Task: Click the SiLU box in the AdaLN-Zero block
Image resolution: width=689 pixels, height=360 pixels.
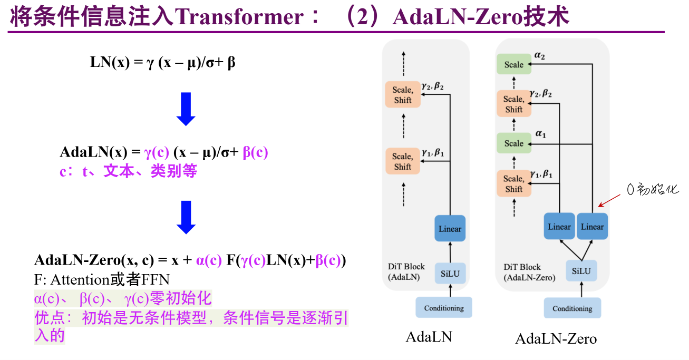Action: click(581, 271)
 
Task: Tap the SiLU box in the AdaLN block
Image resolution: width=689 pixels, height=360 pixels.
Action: click(450, 274)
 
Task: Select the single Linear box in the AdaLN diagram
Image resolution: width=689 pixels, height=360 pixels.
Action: click(450, 228)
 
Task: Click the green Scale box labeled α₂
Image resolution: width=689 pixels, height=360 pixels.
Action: click(514, 64)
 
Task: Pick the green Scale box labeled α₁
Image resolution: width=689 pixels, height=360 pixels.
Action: click(514, 143)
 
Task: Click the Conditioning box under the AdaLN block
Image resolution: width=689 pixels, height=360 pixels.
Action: click(444, 307)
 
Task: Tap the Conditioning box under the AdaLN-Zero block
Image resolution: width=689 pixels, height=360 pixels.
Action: click(572, 308)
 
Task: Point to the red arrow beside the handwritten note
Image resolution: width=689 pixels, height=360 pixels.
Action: click(609, 201)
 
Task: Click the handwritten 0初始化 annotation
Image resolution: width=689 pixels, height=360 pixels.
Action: click(653, 189)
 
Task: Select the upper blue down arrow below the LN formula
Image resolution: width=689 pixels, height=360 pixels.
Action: click(186, 109)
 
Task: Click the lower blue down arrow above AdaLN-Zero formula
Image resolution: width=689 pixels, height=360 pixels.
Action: click(186, 217)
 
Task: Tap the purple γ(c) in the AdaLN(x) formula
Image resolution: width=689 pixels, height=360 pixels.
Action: click(157, 152)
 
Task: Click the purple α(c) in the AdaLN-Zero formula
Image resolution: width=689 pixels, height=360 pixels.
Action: click(209, 260)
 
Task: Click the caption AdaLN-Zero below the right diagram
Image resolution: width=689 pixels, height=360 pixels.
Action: click(556, 339)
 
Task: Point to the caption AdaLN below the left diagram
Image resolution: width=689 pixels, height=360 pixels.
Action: click(429, 337)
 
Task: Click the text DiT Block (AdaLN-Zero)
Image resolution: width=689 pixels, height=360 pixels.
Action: click(529, 272)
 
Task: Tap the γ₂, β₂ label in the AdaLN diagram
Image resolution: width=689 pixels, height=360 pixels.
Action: click(432, 86)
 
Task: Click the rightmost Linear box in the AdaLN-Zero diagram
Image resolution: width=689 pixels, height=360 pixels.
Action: click(592, 226)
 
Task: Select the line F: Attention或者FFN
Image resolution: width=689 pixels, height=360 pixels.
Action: click(102, 279)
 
